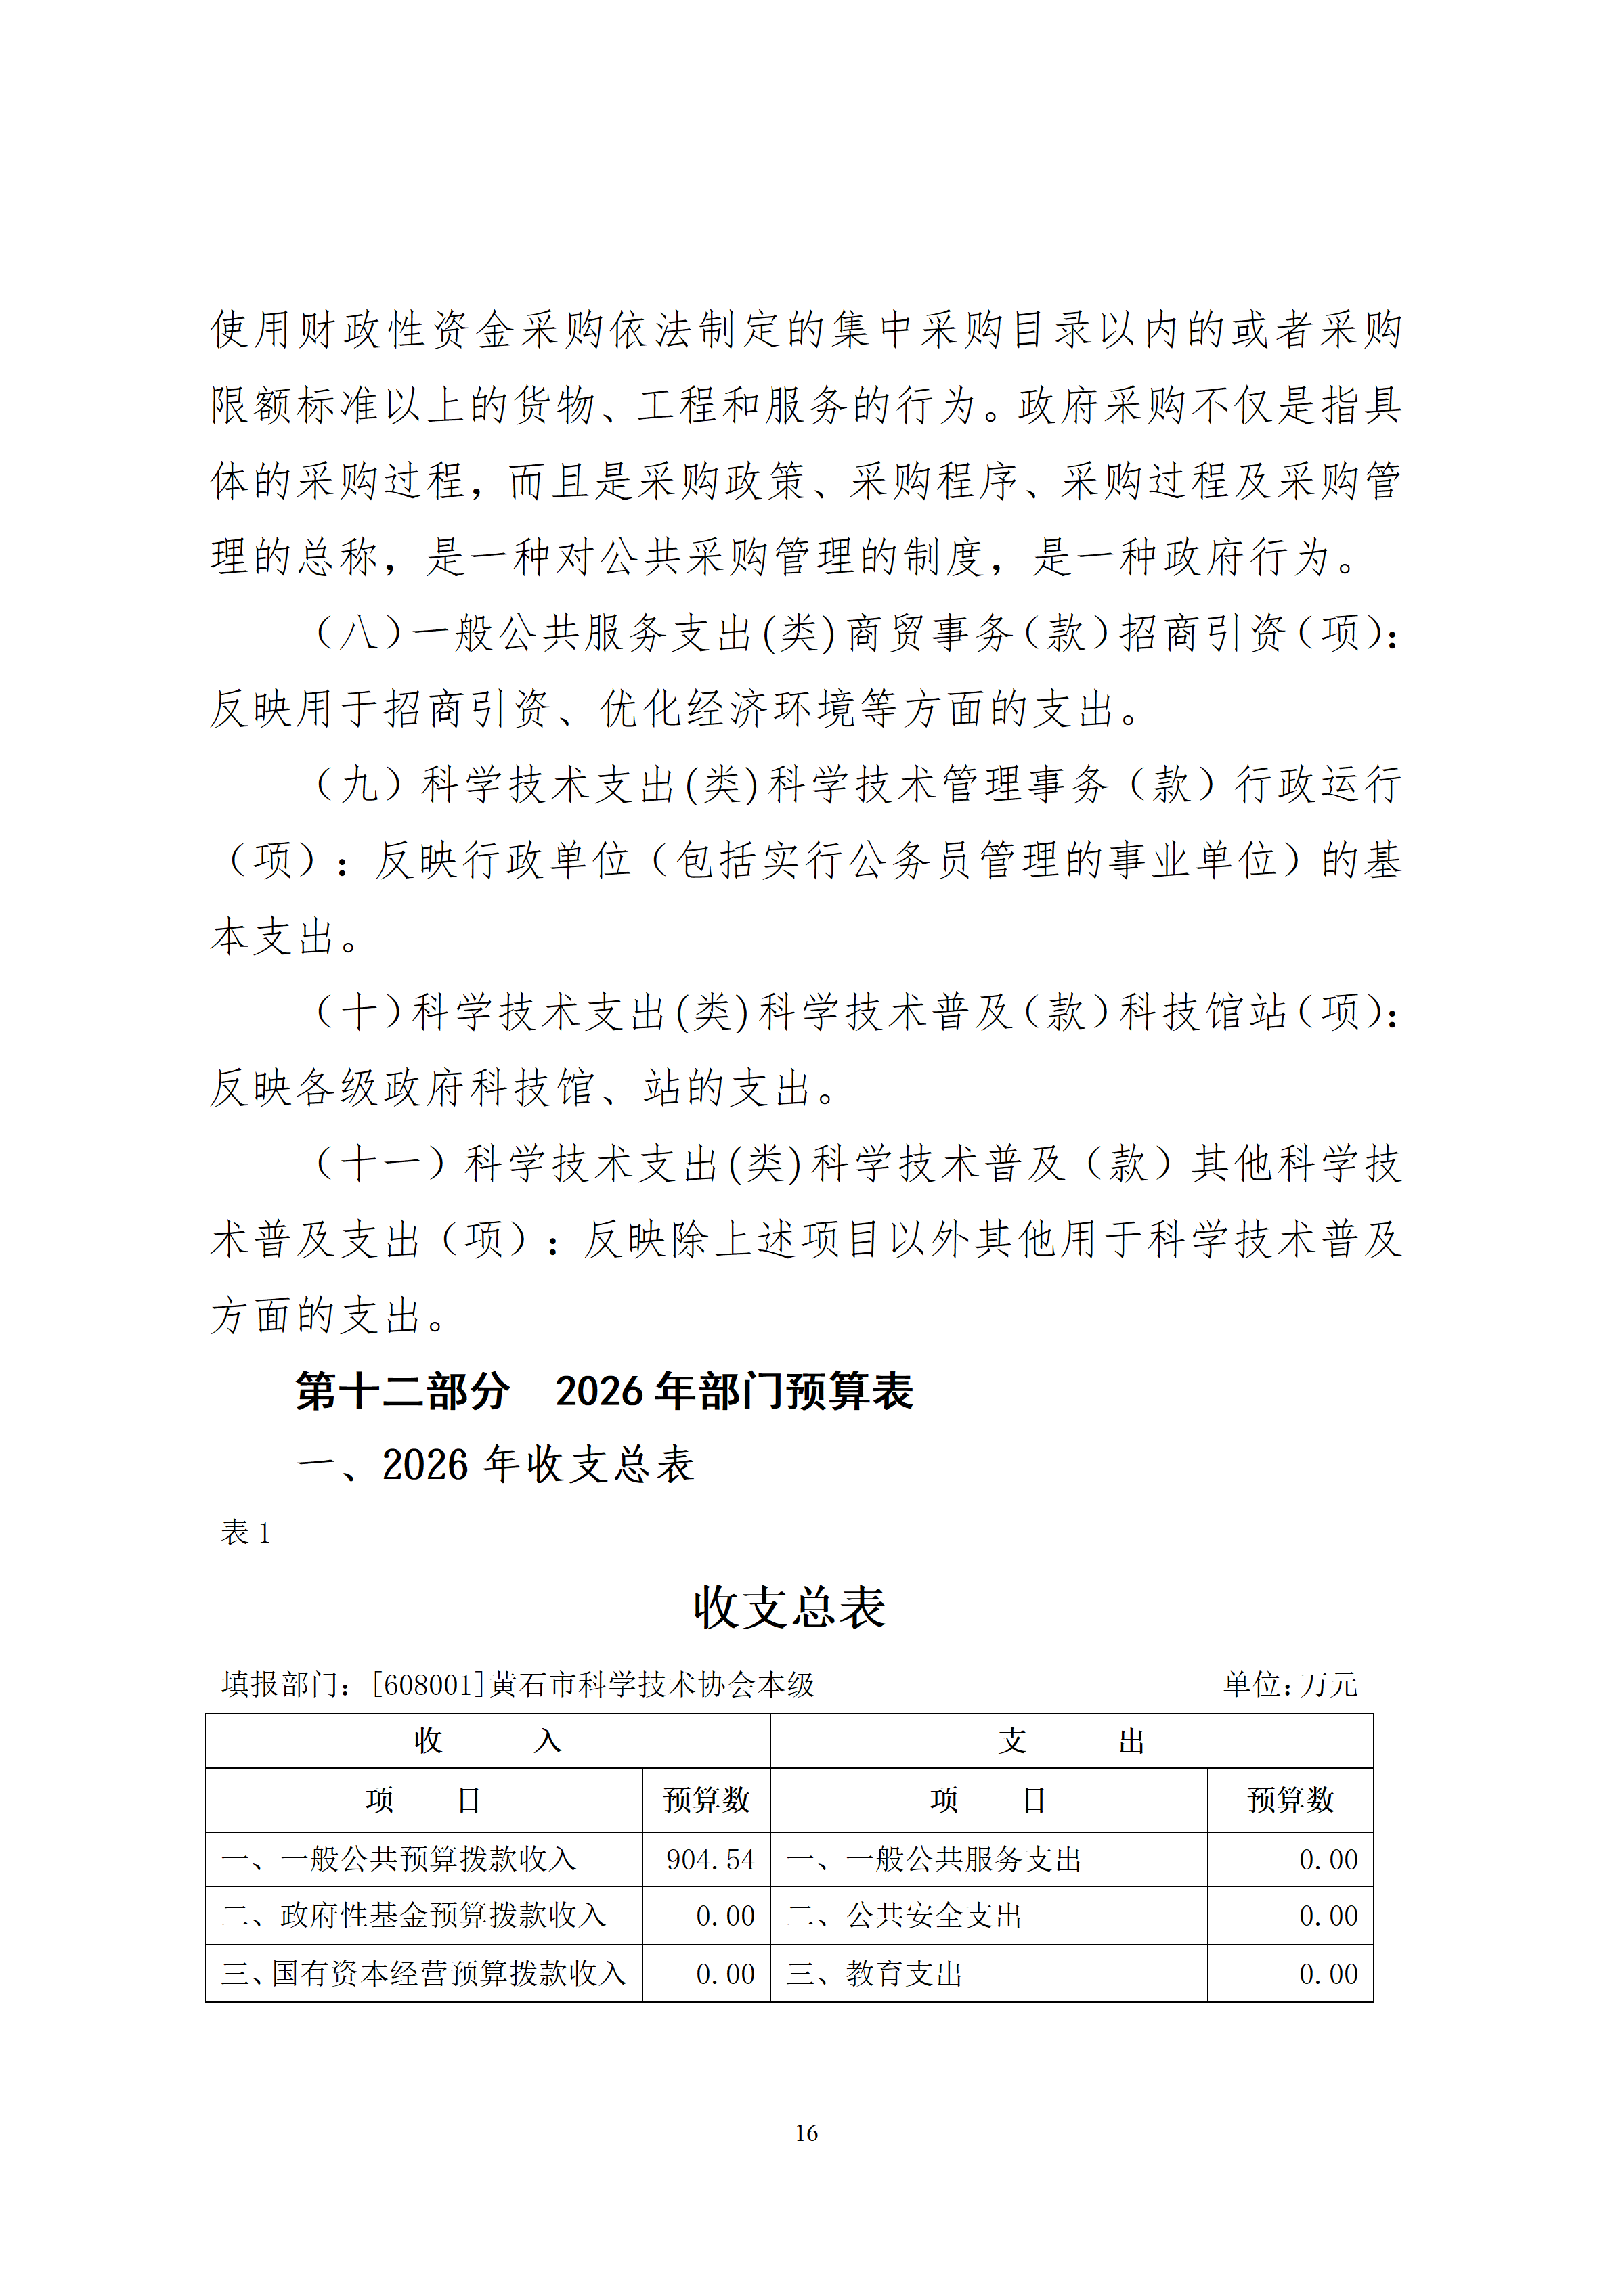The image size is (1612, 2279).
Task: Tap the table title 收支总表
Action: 789,1606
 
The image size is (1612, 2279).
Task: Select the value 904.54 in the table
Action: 710,1859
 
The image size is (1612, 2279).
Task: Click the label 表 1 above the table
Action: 245,1532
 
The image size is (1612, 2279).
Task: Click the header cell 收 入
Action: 487,1740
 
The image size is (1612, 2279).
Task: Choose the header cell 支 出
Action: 1071,1740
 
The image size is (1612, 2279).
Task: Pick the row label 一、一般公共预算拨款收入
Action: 398,1859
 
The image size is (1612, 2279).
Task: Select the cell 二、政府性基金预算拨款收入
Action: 413,1915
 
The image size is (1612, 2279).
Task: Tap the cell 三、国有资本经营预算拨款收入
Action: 424,1972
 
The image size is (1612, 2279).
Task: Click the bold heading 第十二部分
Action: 402,1391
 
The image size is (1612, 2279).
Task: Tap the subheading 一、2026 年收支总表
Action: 496,1464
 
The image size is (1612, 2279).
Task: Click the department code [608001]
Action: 428,1685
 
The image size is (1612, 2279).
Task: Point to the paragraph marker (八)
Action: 358,632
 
